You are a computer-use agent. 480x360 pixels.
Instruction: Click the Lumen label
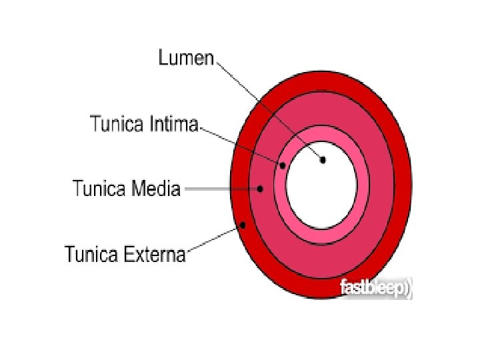coord(186,58)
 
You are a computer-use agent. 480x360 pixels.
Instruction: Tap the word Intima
coord(174,124)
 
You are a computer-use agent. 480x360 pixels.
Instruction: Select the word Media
coord(155,189)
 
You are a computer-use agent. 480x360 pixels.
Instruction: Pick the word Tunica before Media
coord(99,189)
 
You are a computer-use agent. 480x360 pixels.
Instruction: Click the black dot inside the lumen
coord(323,160)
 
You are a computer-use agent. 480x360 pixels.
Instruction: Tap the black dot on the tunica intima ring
coord(283,165)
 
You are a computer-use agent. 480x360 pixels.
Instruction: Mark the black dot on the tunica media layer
coord(260,189)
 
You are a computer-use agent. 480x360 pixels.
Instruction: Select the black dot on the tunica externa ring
coord(243,225)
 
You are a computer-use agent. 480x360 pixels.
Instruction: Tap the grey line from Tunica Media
coord(220,189)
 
